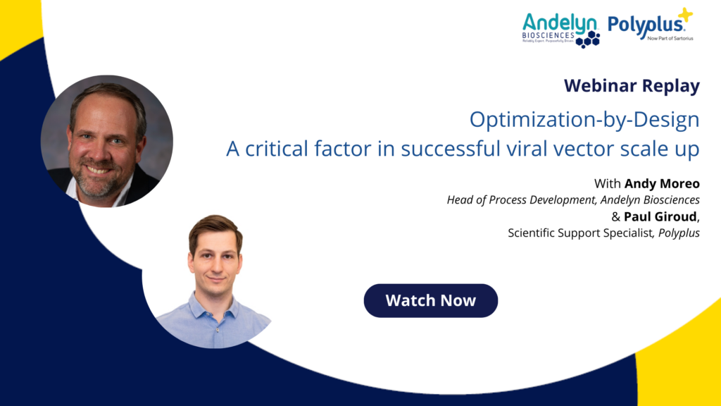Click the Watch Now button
pyautogui.click(x=430, y=300)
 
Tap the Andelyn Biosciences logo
pyautogui.click(x=561, y=30)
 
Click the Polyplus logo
pyautogui.click(x=650, y=25)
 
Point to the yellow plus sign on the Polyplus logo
pyautogui.click(x=685, y=15)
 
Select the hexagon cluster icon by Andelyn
pyautogui.click(x=588, y=39)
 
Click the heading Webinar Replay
pyautogui.click(x=632, y=85)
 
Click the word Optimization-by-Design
pyautogui.click(x=584, y=120)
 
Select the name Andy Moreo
pyautogui.click(x=662, y=184)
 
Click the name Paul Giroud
pyautogui.click(x=660, y=216)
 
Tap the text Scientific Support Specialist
pyautogui.click(x=580, y=233)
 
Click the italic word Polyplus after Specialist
pyautogui.click(x=679, y=233)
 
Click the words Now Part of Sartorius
pyautogui.click(x=670, y=38)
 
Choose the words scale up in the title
pyautogui.click(x=660, y=149)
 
